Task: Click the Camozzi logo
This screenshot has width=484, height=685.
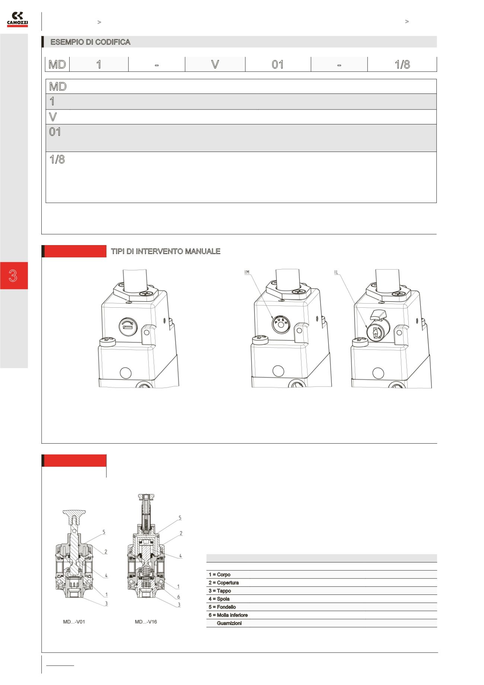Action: (17, 19)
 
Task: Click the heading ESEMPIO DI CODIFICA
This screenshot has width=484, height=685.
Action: (90, 42)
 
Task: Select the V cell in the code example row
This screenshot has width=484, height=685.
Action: (215, 64)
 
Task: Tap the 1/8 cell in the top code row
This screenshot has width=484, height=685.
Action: (402, 64)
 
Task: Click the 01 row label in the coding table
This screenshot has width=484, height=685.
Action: (55, 132)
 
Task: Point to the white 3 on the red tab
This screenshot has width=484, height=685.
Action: (13, 276)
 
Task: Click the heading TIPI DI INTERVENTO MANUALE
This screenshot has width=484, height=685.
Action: (165, 251)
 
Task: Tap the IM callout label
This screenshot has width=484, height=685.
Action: (247, 272)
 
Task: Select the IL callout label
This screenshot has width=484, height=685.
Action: (336, 272)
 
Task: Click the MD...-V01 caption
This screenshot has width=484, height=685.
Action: (74, 622)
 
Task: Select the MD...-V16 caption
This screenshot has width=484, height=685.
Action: (146, 622)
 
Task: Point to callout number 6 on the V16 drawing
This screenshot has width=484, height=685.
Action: (179, 597)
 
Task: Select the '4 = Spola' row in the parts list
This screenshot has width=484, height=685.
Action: (219, 599)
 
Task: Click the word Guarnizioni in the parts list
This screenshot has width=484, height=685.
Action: (229, 623)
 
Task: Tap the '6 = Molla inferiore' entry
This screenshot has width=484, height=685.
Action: (228, 615)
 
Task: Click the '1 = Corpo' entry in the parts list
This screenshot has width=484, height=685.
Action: (219, 575)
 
